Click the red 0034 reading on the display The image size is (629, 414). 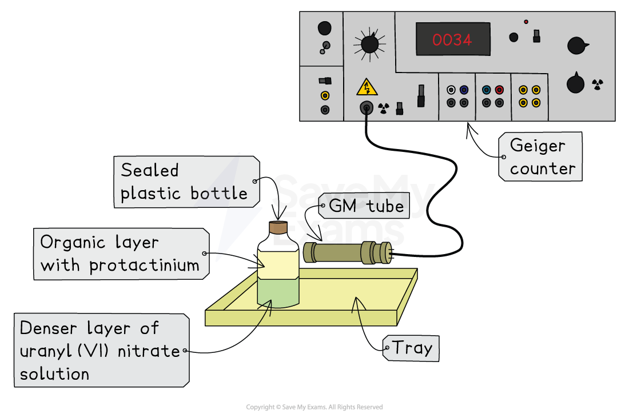point(452,40)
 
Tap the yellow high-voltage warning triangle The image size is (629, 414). point(367,87)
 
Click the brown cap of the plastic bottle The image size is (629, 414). point(278,228)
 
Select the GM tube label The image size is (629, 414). point(364,206)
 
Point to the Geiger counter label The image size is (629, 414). point(540,157)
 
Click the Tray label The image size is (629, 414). point(411,347)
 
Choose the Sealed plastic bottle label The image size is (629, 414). point(185,182)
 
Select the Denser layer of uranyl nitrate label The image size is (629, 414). point(100,351)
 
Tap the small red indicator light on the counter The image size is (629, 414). point(526,22)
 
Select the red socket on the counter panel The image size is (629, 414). point(499,90)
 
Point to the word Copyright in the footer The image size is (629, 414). point(260,407)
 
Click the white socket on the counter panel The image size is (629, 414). point(451,90)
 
